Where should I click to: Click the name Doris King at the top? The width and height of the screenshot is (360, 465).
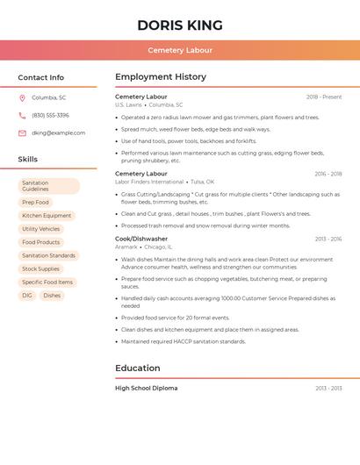(180, 25)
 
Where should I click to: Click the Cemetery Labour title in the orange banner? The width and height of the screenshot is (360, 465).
(180, 50)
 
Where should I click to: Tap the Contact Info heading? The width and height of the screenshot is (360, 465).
(41, 77)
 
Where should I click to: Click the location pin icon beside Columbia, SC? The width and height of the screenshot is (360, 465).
(22, 97)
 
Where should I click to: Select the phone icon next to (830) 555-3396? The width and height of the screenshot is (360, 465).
(22, 115)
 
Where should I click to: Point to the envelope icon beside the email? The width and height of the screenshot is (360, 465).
(22, 132)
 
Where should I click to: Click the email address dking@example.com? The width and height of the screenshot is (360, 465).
(58, 132)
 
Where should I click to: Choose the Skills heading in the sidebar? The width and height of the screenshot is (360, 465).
(28, 160)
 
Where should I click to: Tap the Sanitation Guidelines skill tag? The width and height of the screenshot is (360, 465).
(49, 186)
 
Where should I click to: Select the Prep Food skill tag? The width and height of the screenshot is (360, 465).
(35, 203)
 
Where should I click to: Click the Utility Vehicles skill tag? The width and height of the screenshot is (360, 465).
(41, 229)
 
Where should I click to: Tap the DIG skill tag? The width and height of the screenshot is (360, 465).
(27, 296)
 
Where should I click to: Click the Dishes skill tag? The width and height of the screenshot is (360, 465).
(52, 296)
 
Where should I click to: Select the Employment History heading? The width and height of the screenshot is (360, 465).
(161, 77)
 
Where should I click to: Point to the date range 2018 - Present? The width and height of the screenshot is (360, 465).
(324, 97)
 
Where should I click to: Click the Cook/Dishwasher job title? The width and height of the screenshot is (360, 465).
(141, 239)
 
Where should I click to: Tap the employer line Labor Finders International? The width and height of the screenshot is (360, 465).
(149, 182)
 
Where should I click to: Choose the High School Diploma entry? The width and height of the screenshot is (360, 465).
(147, 388)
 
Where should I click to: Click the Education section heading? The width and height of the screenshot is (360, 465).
(138, 368)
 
